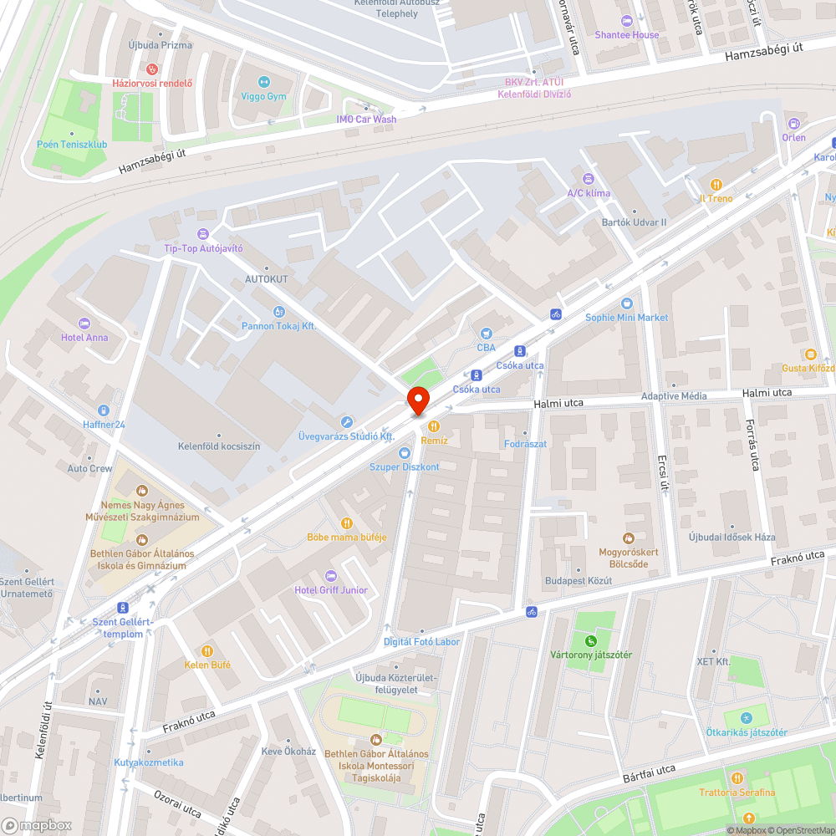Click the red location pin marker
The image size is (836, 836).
418,401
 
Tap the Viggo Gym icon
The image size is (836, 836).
264,82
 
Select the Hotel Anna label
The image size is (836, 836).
84,338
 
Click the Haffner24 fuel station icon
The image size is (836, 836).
103,410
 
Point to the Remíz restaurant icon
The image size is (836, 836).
434,426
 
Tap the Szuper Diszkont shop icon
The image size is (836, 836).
405,452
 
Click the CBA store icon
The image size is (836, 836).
487,334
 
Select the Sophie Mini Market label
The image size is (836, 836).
627,318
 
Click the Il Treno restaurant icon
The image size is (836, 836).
716,185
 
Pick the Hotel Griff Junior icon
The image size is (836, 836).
330,576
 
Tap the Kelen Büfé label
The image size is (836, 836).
207,665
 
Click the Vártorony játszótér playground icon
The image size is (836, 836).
591,641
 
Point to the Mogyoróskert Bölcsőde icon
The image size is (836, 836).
629,538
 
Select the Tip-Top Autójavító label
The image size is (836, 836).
203,249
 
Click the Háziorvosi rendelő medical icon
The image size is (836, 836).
152,69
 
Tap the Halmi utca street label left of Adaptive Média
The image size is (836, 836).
559,403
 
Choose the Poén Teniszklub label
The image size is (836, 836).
72,145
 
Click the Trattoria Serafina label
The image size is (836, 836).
737,793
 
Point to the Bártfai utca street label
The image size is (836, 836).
649,773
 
